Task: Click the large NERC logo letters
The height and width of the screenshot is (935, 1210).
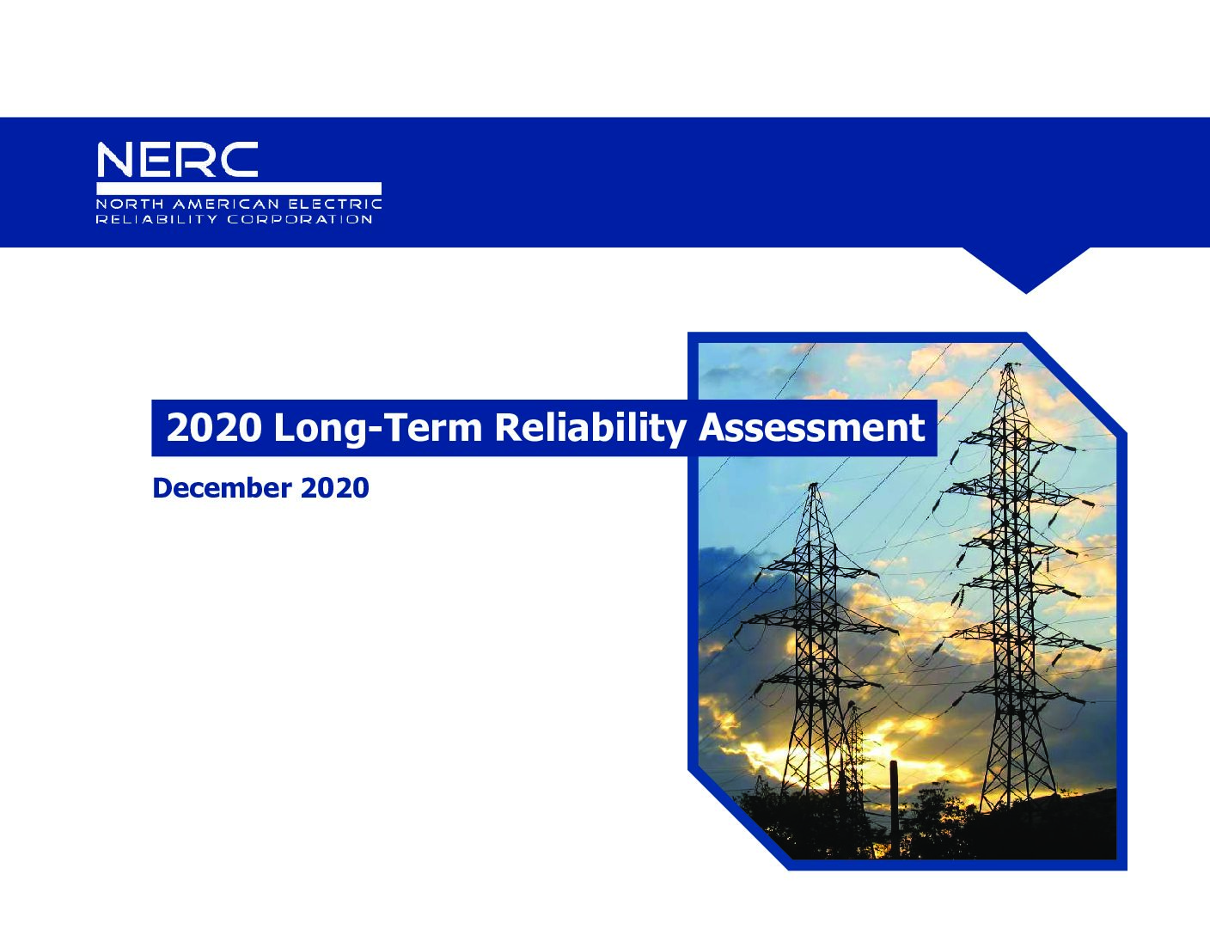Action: pos(177,159)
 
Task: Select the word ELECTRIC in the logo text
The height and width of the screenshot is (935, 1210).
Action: pos(335,204)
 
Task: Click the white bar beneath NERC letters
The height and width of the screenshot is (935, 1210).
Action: pos(239,188)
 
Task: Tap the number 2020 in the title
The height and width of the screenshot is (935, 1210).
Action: pos(214,428)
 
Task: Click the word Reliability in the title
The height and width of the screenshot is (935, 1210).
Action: pos(590,429)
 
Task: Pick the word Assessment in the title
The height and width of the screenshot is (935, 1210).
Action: pos(812,428)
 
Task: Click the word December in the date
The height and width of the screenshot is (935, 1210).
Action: pos(222,488)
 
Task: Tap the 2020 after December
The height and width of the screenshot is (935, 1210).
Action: pos(335,488)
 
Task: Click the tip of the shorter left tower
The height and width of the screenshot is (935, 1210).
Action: pos(814,485)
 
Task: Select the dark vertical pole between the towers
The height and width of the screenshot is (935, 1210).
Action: pos(895,808)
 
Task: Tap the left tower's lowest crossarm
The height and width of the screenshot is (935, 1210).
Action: pos(813,682)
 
